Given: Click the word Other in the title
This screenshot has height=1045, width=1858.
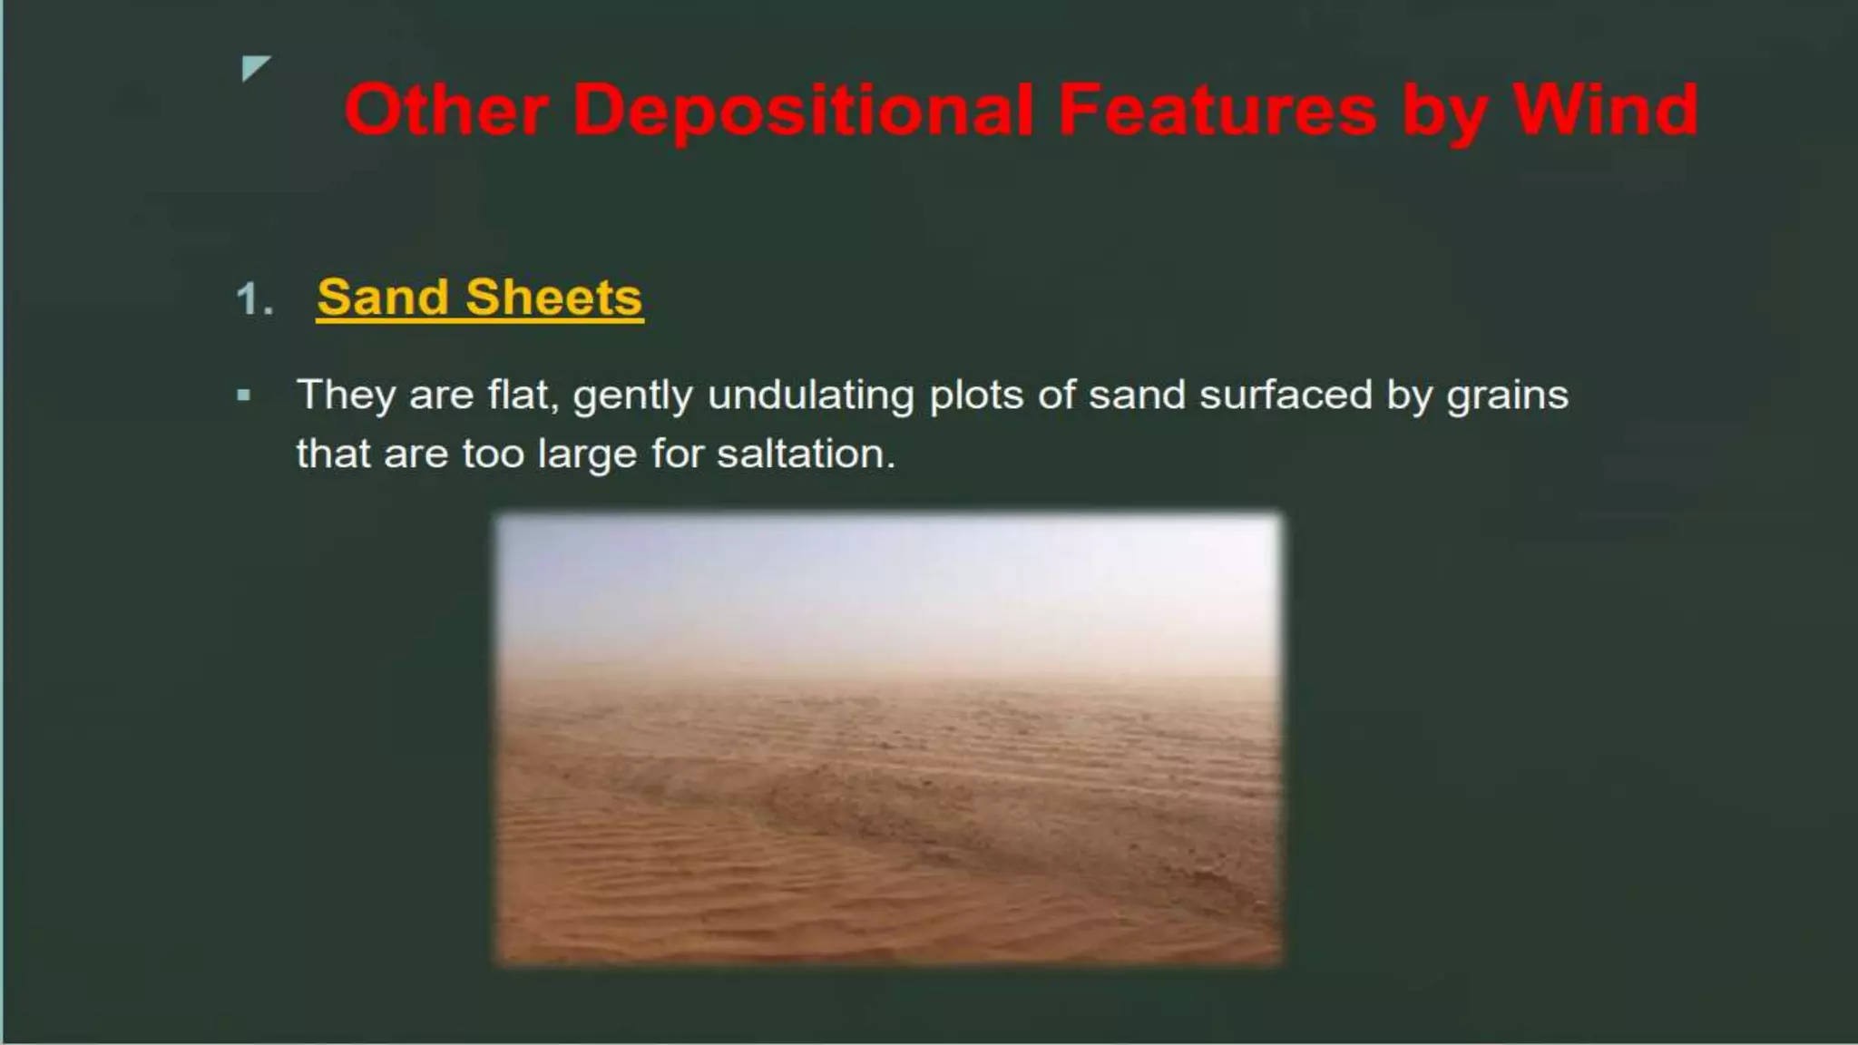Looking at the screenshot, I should tap(445, 111).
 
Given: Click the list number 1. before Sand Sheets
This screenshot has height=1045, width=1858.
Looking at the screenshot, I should tap(254, 299).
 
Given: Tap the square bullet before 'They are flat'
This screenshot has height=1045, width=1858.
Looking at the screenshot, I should tap(243, 396).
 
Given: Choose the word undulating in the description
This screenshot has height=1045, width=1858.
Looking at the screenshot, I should tap(810, 396).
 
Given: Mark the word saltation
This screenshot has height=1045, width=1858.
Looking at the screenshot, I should tap(805, 454).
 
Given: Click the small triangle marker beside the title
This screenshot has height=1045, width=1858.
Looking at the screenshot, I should tap(255, 68).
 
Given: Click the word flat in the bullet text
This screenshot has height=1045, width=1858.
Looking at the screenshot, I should tap(523, 396).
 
